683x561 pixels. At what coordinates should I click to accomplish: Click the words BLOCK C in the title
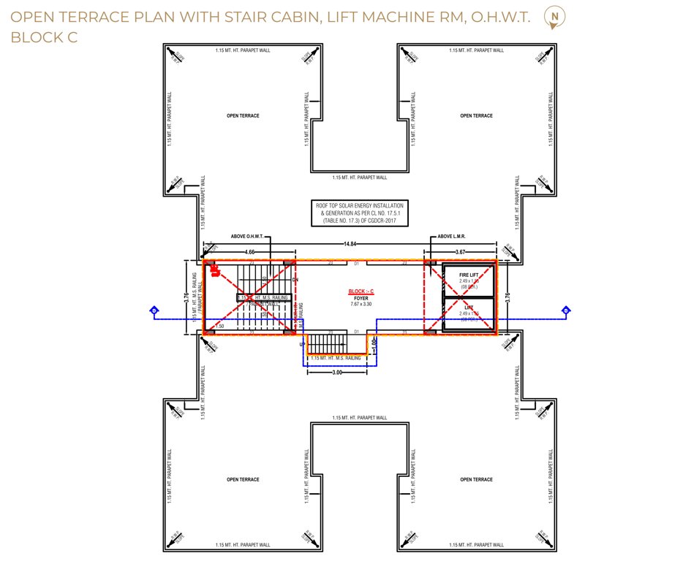[x=44, y=37]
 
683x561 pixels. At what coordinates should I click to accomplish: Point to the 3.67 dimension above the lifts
[x=461, y=252]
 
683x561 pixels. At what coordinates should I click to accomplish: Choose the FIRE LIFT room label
[x=469, y=275]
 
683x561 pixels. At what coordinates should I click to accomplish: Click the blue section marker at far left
[x=154, y=311]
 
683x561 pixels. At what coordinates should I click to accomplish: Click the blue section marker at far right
[x=565, y=311]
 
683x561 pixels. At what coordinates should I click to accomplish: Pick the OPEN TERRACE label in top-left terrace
[x=243, y=116]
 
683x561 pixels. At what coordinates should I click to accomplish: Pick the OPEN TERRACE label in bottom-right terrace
[x=477, y=479]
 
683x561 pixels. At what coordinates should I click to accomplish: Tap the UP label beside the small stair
[x=302, y=344]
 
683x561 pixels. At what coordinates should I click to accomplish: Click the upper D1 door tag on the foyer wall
[x=356, y=262]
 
